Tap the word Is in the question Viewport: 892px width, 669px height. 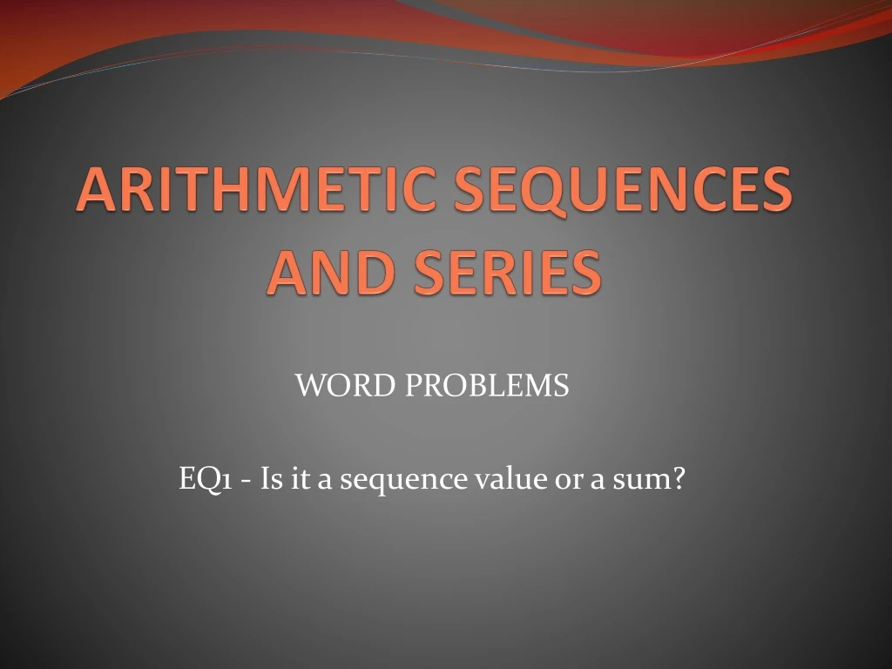pyautogui.click(x=271, y=478)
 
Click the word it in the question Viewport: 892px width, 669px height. pyautogui.click(x=301, y=478)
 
